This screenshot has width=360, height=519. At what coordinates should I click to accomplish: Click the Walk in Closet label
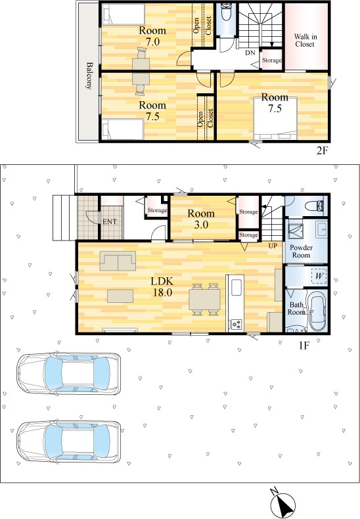pos(305,40)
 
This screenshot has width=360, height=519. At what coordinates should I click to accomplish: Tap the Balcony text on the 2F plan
pos(89,76)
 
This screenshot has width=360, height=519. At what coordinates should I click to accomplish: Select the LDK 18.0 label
pos(162,287)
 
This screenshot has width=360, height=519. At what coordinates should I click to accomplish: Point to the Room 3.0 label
pos(201,219)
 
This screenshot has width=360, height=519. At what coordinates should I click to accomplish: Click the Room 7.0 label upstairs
pos(152,35)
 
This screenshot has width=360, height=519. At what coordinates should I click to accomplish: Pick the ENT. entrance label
pos(110,222)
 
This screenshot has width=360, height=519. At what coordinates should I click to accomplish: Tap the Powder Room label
pos(301,252)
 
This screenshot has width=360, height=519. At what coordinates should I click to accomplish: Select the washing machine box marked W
pos(319,277)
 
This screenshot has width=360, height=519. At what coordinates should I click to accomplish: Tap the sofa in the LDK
pos(118,261)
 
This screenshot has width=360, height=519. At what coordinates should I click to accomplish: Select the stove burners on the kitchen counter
pos(236,325)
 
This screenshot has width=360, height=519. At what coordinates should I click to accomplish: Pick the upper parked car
pos(69,374)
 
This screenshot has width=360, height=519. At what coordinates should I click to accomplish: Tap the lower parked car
pos(69,442)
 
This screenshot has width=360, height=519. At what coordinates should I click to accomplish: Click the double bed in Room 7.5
pos(275,118)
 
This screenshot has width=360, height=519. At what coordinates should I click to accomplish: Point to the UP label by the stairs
pos(273,246)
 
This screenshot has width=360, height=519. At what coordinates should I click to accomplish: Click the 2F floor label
pos(322,151)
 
